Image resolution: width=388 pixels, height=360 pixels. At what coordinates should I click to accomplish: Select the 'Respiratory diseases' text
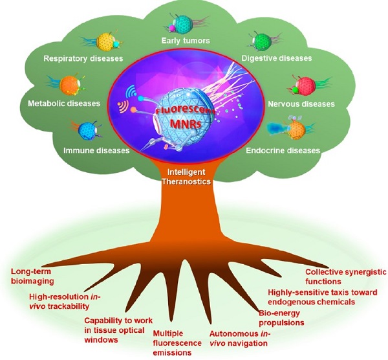coord(83,59)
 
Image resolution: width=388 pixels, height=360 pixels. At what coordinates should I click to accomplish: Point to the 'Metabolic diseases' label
coord(63,103)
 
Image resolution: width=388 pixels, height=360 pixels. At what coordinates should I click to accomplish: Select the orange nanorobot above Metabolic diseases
coord(69,84)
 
